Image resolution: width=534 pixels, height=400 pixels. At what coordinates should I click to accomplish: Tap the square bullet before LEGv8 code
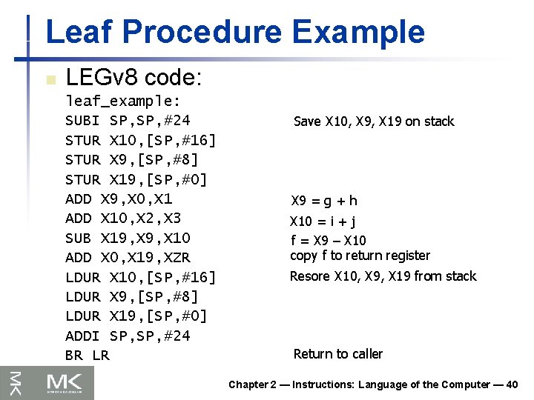(x=50, y=79)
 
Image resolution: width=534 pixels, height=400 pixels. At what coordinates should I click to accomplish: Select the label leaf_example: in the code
(x=123, y=100)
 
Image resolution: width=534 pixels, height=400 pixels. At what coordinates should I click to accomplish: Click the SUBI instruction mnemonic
(x=82, y=120)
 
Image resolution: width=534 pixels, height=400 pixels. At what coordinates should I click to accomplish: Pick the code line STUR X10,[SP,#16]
(x=140, y=140)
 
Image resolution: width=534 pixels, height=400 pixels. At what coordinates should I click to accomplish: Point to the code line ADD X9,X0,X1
(x=119, y=199)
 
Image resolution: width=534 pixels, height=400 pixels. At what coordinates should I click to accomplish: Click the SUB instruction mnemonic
(x=78, y=238)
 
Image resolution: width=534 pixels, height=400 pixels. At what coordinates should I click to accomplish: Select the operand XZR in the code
(x=177, y=258)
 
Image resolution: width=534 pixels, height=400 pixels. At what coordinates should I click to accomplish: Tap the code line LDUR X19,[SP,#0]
(x=136, y=316)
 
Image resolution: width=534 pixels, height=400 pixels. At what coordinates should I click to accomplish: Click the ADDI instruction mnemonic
(x=82, y=336)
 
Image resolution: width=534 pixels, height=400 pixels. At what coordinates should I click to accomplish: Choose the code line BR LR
(x=87, y=356)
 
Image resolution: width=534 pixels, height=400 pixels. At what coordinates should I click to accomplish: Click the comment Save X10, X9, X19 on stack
(x=374, y=121)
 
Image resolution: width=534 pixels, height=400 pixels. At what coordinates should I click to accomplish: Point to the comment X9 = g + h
(x=324, y=201)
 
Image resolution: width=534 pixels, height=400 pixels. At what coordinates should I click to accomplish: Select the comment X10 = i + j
(x=323, y=221)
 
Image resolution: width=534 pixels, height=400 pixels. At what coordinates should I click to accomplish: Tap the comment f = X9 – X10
(x=328, y=241)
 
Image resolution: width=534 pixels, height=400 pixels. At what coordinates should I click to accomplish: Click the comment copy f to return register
(x=360, y=256)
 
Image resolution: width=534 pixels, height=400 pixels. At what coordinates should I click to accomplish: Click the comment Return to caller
(x=338, y=354)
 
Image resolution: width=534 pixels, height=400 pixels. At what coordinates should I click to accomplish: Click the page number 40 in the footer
(x=511, y=384)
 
